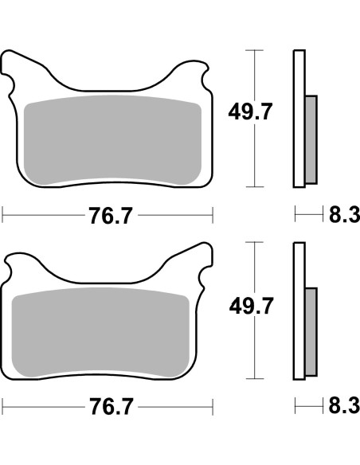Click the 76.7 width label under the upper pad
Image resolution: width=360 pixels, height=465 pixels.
107,215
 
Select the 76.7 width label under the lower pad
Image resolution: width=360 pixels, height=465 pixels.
107,407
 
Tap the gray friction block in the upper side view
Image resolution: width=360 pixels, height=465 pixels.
311,139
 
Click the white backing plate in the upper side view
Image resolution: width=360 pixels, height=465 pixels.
299,80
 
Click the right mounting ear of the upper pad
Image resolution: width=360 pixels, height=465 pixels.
204,72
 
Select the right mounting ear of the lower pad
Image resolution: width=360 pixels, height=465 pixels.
204,263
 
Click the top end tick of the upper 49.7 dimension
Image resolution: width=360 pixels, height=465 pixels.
254,50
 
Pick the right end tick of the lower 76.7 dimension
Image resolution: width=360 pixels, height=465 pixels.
213,407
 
